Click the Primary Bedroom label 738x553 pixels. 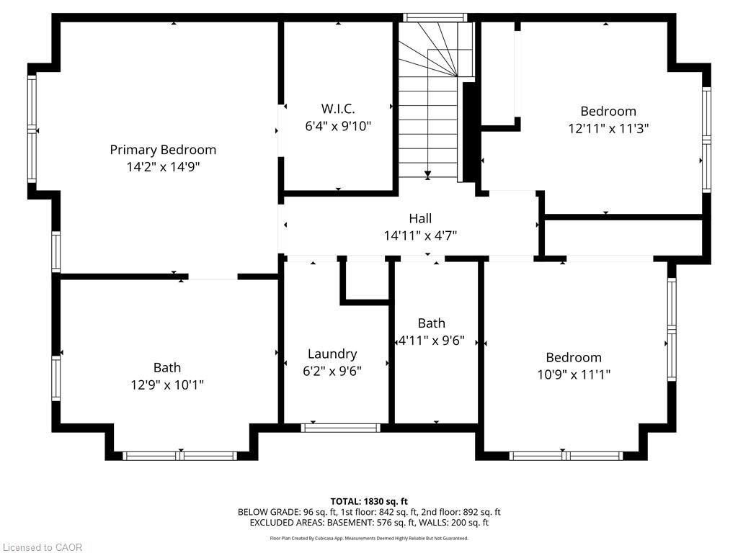point(163,150)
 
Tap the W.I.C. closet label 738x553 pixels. point(338,109)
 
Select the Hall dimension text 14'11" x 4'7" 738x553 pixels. point(420,235)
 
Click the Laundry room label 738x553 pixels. point(332,354)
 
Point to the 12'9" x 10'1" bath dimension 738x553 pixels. point(167,385)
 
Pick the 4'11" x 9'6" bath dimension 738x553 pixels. point(432,340)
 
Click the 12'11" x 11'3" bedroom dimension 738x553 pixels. point(608,128)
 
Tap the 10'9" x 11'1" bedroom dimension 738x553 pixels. point(574,374)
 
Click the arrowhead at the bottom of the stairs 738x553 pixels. point(427,176)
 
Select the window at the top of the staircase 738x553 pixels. point(435,18)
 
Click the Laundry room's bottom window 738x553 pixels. point(340,428)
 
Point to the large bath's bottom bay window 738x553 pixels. point(180,456)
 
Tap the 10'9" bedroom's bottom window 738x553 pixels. point(566,456)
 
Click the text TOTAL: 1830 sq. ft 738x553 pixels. point(369,501)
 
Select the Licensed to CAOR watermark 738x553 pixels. point(43,547)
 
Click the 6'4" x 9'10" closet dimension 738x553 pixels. point(338,126)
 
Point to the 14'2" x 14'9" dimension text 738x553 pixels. point(163,167)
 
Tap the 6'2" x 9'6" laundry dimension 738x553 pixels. point(332,371)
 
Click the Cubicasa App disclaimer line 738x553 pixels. point(369,538)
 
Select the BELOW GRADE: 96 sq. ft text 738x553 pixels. point(274,512)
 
